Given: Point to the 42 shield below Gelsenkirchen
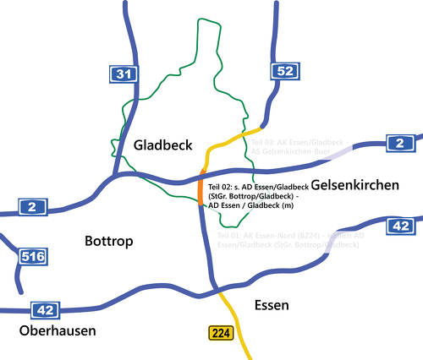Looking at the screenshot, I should (399, 225).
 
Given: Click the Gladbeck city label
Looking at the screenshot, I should (162, 145).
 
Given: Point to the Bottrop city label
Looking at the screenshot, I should (109, 242).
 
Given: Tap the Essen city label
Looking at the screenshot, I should (272, 304).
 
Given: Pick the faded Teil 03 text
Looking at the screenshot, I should (266, 142).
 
